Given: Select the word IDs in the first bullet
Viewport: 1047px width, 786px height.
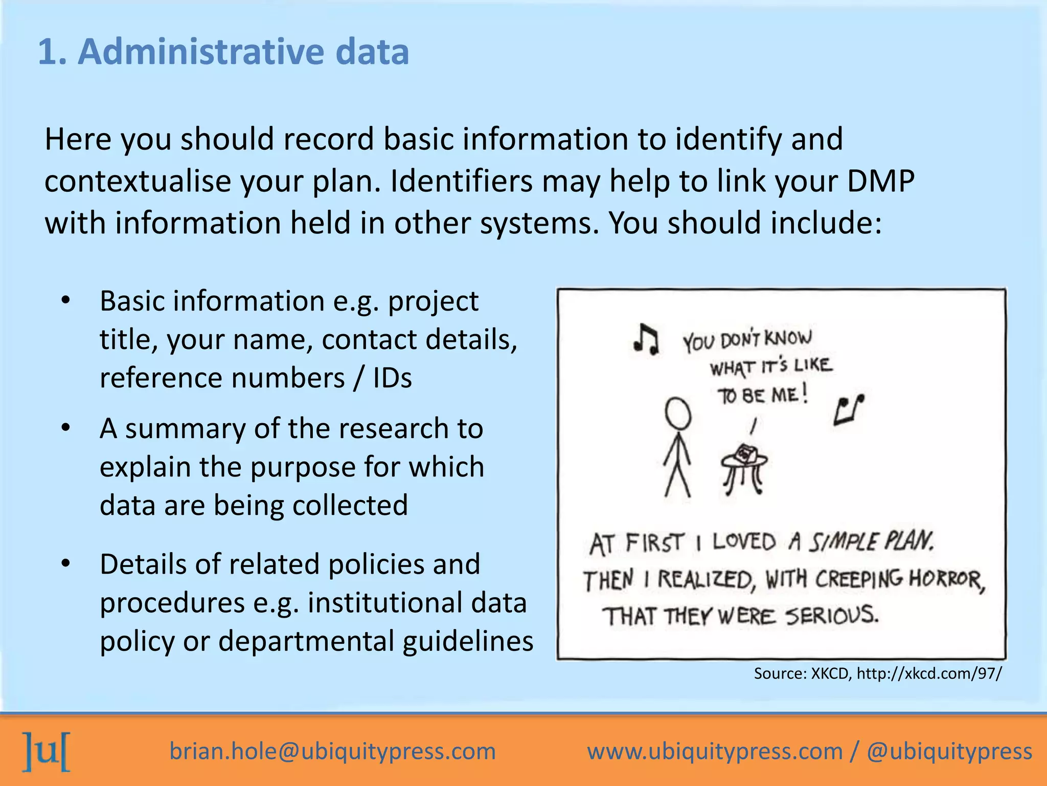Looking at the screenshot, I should [392, 379].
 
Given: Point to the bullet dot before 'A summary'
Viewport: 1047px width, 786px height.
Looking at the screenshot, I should [65, 428].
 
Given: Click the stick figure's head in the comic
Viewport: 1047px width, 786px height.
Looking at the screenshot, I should [678, 413].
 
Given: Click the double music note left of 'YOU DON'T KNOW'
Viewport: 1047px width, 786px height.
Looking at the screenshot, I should [646, 339].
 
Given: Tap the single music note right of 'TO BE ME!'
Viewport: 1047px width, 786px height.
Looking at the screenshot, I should [849, 410].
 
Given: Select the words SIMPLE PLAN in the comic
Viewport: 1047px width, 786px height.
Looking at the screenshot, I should [871, 542].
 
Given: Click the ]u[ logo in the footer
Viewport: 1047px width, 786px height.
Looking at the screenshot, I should [47, 751].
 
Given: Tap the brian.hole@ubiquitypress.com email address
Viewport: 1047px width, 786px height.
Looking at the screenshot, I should [333, 751].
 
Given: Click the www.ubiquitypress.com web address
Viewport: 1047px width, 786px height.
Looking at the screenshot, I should [715, 751].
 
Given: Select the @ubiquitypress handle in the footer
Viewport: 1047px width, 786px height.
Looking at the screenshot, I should [949, 751].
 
